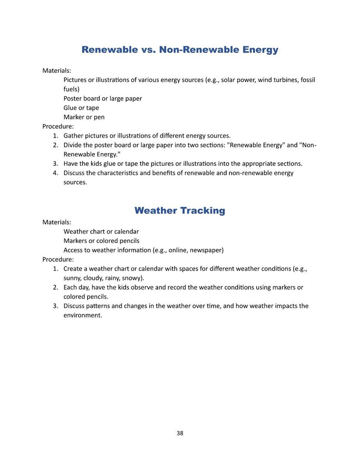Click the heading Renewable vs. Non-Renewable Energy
[x=180, y=50]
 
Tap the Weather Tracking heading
[x=180, y=211]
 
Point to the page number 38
[x=180, y=433]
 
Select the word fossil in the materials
[x=307, y=80]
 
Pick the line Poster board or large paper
[x=102, y=98]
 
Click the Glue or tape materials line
[x=81, y=108]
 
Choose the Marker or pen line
[x=84, y=117]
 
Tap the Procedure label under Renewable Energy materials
[x=58, y=126]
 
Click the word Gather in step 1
[x=74, y=136]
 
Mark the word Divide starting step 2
[x=73, y=145]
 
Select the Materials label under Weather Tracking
[x=57, y=222]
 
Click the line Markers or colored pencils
[x=102, y=241]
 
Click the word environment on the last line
[x=83, y=316]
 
